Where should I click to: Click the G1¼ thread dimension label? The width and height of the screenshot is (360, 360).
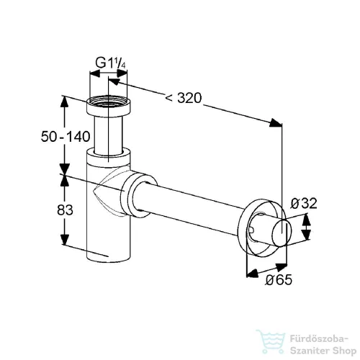111,63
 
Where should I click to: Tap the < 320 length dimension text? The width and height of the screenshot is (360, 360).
184,98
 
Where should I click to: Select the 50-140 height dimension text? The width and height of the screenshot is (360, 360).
66,137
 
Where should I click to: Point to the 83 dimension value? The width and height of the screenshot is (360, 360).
65,210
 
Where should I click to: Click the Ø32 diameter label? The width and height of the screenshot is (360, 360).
304,204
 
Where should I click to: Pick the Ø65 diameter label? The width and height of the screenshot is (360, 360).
279,279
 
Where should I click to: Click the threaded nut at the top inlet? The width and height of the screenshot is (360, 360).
109,106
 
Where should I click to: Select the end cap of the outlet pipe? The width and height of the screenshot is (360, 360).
282,233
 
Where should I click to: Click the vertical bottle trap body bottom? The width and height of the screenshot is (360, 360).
109,250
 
